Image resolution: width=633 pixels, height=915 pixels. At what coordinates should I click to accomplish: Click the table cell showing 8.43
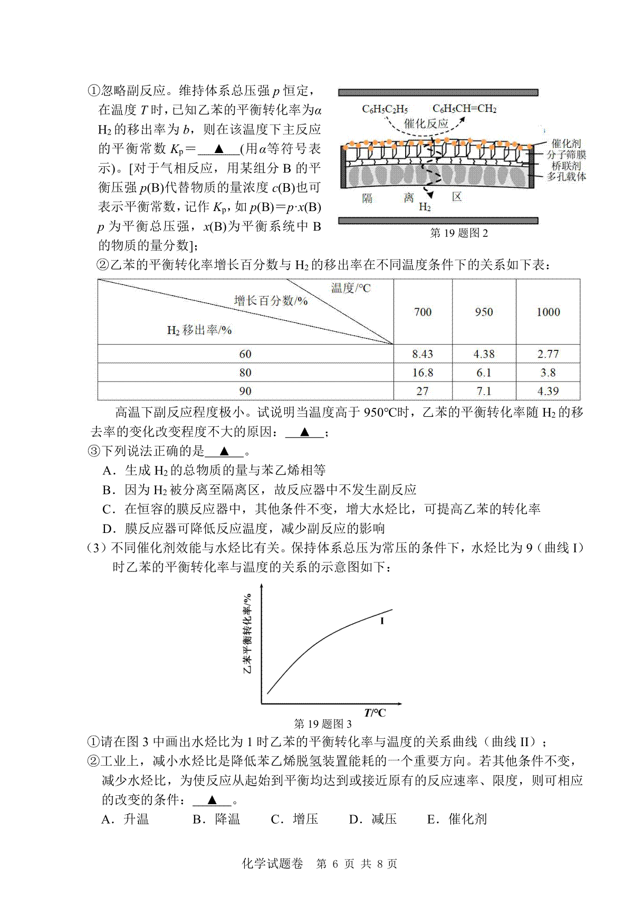tap(423, 354)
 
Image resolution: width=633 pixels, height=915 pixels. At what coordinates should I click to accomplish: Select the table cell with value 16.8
tap(423, 373)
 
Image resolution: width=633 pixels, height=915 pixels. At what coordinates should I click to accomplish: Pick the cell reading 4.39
tap(548, 391)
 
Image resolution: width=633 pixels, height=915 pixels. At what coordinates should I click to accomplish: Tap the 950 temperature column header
tap(484, 312)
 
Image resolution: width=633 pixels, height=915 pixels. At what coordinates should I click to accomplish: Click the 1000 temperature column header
tap(548, 312)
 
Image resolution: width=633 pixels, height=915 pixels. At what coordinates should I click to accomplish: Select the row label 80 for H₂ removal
tap(245, 373)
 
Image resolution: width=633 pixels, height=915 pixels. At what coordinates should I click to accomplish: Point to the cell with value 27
tap(423, 391)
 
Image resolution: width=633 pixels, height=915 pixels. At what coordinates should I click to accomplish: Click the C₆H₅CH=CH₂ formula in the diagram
tap(464, 109)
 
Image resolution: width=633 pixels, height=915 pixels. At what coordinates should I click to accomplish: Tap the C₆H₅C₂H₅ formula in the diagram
tap(385, 109)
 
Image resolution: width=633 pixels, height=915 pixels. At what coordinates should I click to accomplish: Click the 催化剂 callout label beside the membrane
tap(565, 143)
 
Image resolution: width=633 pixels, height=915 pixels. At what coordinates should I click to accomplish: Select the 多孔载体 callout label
tap(565, 177)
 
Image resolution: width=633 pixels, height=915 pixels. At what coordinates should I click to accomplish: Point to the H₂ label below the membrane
tap(425, 207)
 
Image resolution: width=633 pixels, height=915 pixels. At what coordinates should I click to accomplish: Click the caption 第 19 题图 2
tap(459, 233)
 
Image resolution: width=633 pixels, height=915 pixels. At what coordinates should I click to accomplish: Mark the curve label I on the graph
tap(382, 621)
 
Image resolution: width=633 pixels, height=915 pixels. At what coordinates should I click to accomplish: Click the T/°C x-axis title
tap(375, 712)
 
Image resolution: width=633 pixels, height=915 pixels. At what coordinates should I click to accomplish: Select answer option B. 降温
tap(216, 819)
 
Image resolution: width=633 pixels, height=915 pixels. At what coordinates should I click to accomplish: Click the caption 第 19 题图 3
tap(322, 724)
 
